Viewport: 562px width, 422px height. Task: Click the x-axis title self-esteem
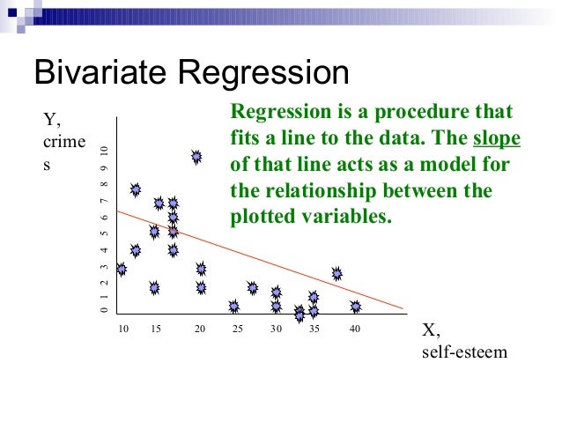[465, 352]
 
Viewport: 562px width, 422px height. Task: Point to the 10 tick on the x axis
[122, 329]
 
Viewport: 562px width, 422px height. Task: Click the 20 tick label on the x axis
[200, 329]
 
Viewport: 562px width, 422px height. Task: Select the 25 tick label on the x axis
[238, 329]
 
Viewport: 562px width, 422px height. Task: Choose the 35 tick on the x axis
[314, 329]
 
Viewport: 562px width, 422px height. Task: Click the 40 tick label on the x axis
[355, 329]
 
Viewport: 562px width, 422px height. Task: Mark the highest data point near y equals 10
[196, 157]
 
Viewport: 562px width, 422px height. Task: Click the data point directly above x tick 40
[355, 307]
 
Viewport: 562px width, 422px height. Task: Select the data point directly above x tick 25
[233, 306]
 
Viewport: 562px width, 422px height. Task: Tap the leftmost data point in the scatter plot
[122, 270]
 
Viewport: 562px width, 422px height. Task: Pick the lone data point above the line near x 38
[336, 274]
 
